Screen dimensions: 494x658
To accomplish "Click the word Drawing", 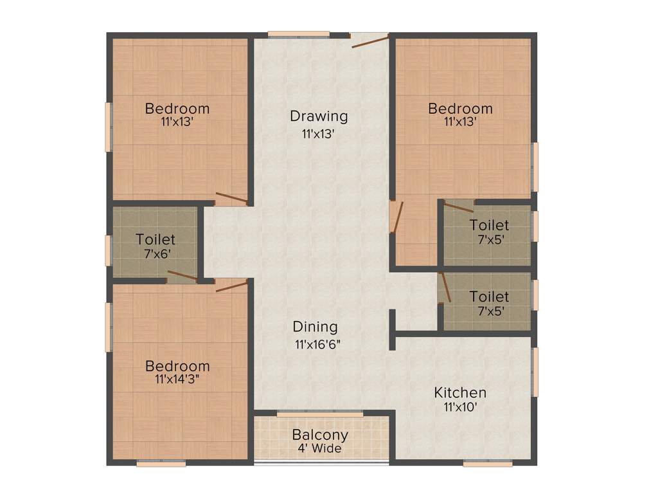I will pyautogui.click(x=319, y=116).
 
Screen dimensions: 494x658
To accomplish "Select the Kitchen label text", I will pyautogui.click(x=460, y=392).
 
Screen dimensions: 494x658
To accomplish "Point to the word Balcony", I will pyautogui.click(x=320, y=435).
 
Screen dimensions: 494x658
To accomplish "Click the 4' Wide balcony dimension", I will pyautogui.click(x=319, y=448).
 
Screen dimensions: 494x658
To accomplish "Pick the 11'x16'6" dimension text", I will pyautogui.click(x=317, y=343).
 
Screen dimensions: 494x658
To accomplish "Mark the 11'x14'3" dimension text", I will pyautogui.click(x=177, y=380).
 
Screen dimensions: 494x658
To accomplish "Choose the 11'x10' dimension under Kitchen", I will pyautogui.click(x=460, y=407).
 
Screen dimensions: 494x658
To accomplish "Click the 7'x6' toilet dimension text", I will pyautogui.click(x=155, y=253).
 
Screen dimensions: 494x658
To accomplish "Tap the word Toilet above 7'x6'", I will pyautogui.click(x=155, y=239).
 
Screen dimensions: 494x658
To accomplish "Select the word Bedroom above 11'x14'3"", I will pyautogui.click(x=177, y=366).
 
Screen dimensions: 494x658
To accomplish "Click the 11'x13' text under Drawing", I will pyautogui.click(x=319, y=134).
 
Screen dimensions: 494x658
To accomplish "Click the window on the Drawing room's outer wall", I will pyautogui.click(x=299, y=34).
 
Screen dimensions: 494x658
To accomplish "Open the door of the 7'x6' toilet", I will pyautogui.click(x=182, y=277).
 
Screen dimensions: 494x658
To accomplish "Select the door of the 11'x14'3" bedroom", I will pyautogui.click(x=231, y=286).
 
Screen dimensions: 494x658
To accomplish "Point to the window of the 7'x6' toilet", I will pyautogui.click(x=109, y=250).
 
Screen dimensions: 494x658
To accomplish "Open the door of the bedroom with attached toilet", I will pyautogui.click(x=396, y=217).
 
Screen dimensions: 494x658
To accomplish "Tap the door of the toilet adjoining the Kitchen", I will pyautogui.click(x=445, y=287).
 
